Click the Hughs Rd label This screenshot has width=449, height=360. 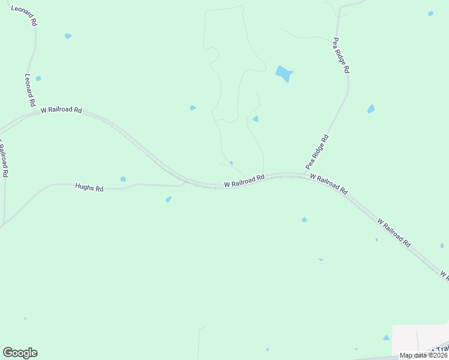coord(89,188)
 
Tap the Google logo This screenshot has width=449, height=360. coord(20,353)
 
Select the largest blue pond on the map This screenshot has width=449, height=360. coord(284,74)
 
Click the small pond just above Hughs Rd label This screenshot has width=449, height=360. coord(123,179)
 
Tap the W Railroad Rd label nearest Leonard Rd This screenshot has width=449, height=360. coord(61,110)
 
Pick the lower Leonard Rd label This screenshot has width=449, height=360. coord(30,91)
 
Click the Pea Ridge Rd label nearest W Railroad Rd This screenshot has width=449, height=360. coord(317,152)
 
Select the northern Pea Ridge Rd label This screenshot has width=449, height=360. coord(341,55)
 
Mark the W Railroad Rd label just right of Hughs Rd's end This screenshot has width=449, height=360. coord(244,181)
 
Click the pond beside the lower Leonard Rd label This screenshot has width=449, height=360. coord(38,79)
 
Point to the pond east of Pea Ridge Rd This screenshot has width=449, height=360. coord(371,109)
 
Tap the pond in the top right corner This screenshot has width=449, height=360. coord(430,13)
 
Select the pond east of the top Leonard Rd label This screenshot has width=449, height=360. coord(68,36)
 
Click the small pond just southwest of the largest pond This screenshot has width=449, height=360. coord(256,119)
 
